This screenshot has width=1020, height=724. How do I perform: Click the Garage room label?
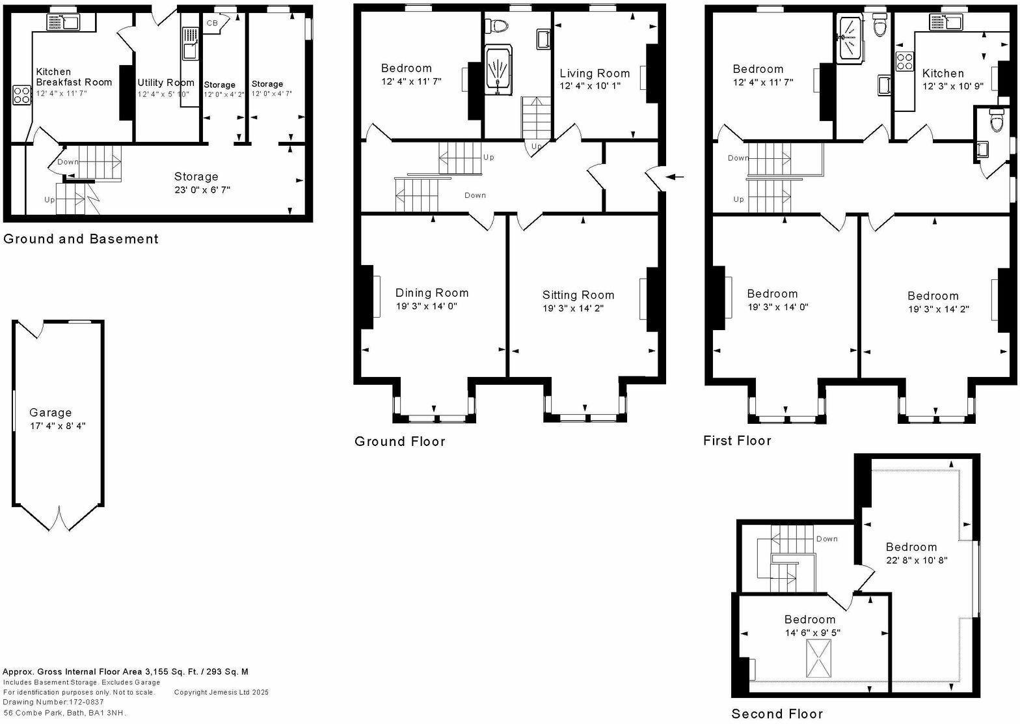(x=50, y=412)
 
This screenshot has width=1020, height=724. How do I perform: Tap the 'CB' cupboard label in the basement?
(x=212, y=23)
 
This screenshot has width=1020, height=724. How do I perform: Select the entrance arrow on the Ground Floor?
(x=677, y=176)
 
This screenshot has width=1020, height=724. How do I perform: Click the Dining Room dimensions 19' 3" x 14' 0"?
(x=427, y=306)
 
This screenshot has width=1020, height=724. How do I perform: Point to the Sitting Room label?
(x=578, y=295)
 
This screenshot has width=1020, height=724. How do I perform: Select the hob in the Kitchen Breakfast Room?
(x=21, y=95)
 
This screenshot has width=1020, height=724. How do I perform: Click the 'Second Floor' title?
(x=777, y=714)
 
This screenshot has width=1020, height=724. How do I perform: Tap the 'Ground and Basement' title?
(x=81, y=239)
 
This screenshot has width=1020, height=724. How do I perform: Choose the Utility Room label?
(x=165, y=83)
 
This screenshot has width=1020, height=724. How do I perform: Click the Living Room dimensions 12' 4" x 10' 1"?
(x=589, y=86)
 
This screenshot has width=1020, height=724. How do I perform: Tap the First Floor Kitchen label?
(x=943, y=73)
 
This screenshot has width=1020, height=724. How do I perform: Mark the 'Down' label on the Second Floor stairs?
(x=827, y=539)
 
